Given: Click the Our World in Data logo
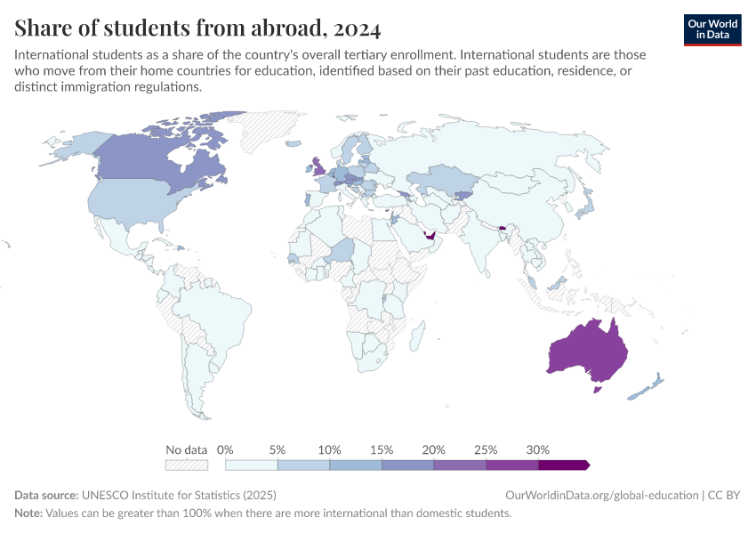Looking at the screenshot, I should [x=712, y=28].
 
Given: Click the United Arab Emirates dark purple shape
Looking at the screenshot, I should [x=430, y=237].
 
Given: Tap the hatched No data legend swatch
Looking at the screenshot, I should [x=186, y=465].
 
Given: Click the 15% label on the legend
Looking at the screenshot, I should [x=382, y=449].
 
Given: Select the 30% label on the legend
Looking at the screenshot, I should [x=538, y=449].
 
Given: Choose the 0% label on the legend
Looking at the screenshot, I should [x=225, y=449].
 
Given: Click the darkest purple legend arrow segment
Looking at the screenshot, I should [x=564, y=465].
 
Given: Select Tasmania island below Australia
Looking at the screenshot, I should [x=599, y=388].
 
